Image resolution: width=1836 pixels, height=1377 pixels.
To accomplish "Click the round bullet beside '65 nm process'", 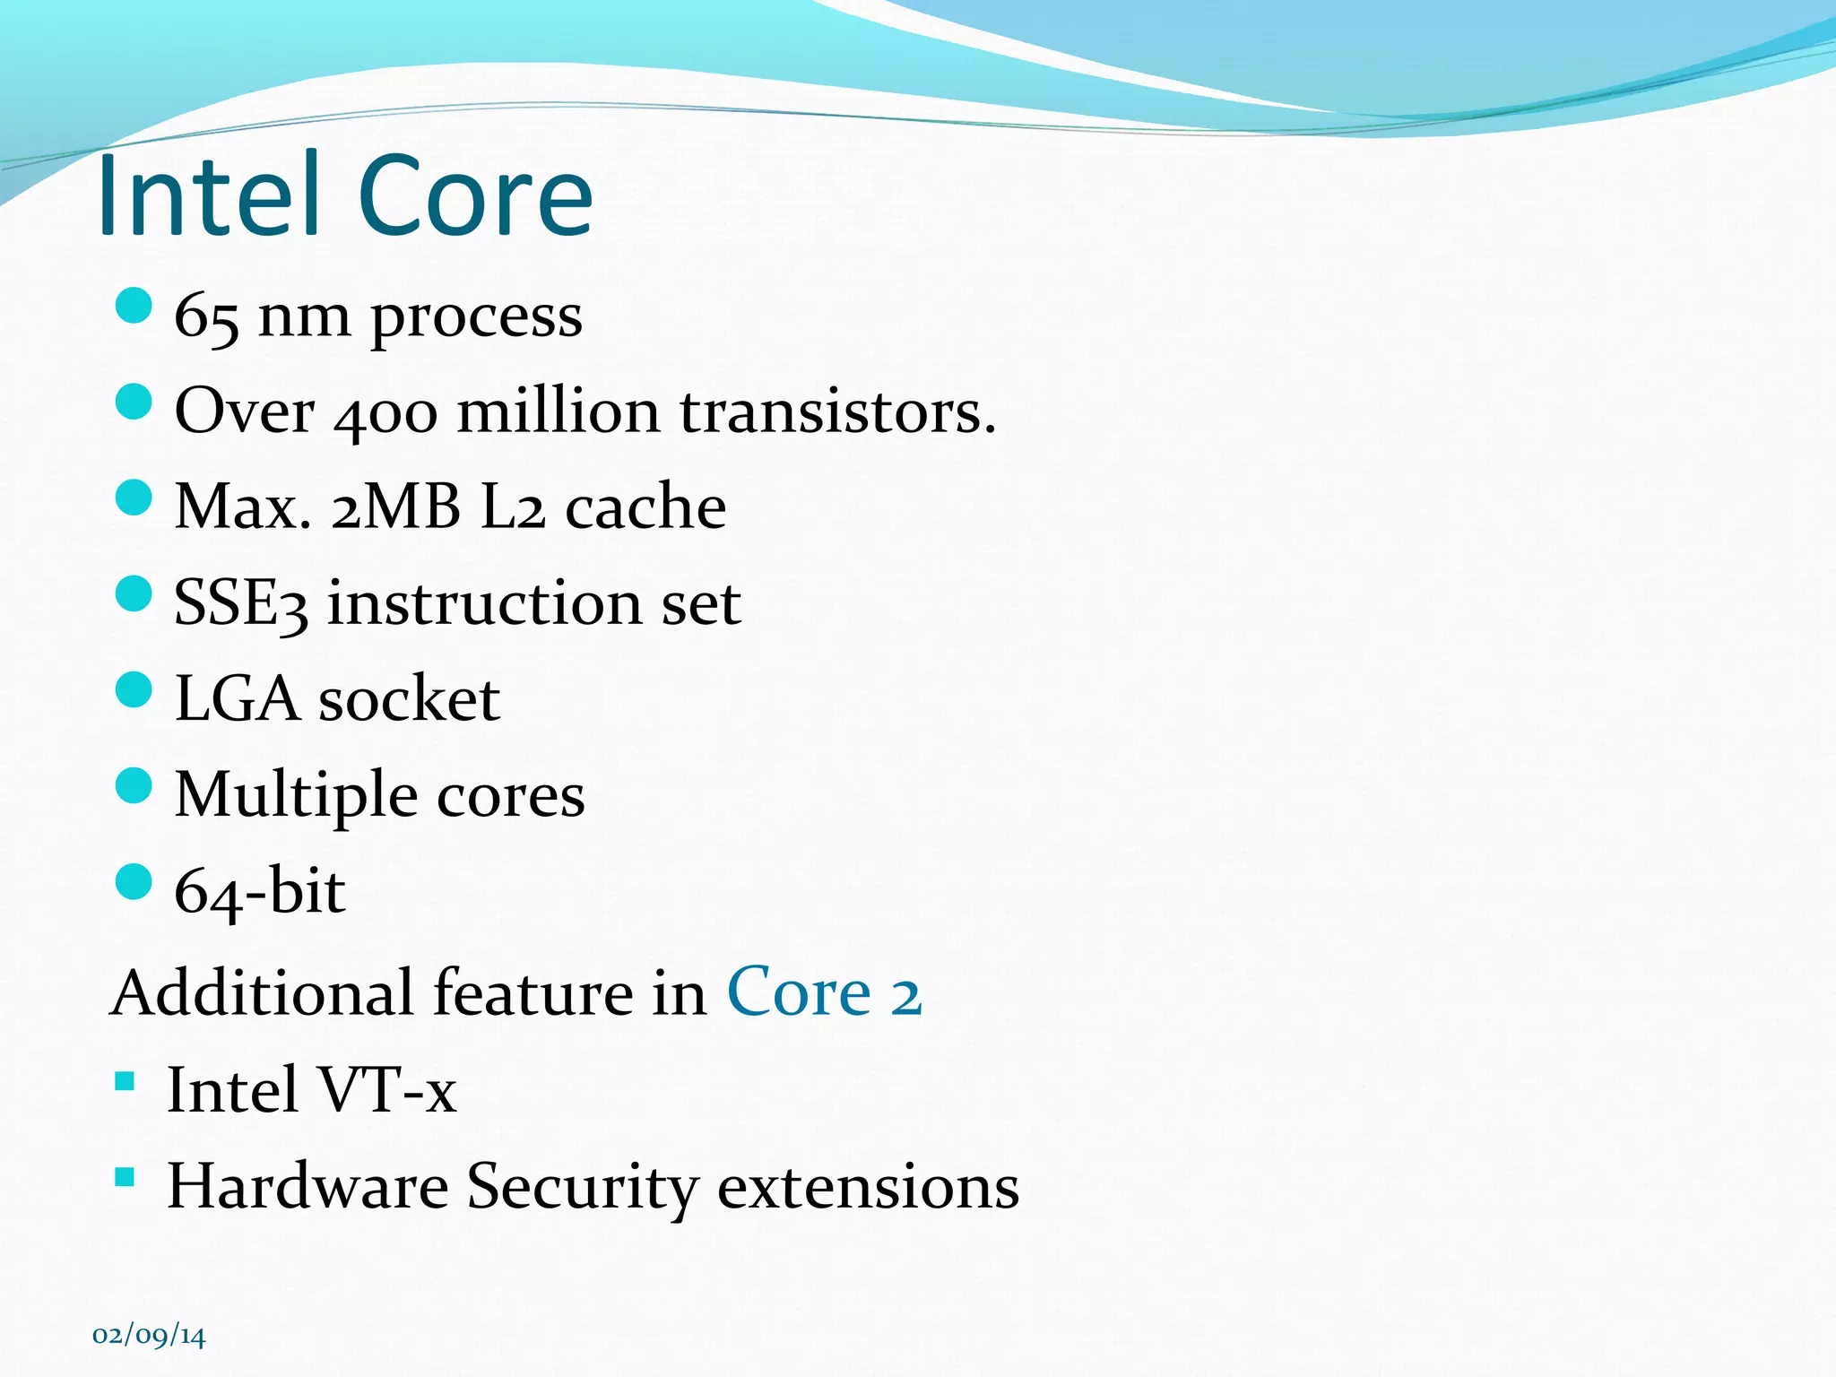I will tap(134, 306).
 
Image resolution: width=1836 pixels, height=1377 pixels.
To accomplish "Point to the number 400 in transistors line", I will tap(385, 414).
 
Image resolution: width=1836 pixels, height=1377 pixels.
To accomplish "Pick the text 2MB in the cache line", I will tap(395, 507).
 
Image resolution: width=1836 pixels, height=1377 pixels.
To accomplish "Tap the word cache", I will tap(645, 507).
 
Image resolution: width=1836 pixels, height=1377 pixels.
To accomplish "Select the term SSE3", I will tap(240, 603).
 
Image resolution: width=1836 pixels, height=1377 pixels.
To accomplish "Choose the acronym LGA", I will tap(237, 699).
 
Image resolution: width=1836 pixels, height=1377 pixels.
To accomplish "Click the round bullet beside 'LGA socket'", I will tap(134, 689).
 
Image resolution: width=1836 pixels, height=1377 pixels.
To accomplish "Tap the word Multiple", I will tap(296, 796).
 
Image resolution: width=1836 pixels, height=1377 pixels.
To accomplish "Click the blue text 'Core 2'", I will tap(823, 993).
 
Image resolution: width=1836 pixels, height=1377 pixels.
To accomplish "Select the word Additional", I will tap(264, 993).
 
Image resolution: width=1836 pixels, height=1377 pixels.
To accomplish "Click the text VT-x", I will tap(386, 1090).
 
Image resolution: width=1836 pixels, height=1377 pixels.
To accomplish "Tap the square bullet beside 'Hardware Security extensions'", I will tap(125, 1176).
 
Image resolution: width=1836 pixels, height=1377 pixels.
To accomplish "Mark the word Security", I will tap(582, 1187).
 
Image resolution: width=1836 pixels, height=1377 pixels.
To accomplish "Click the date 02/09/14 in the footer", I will tap(149, 1336).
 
